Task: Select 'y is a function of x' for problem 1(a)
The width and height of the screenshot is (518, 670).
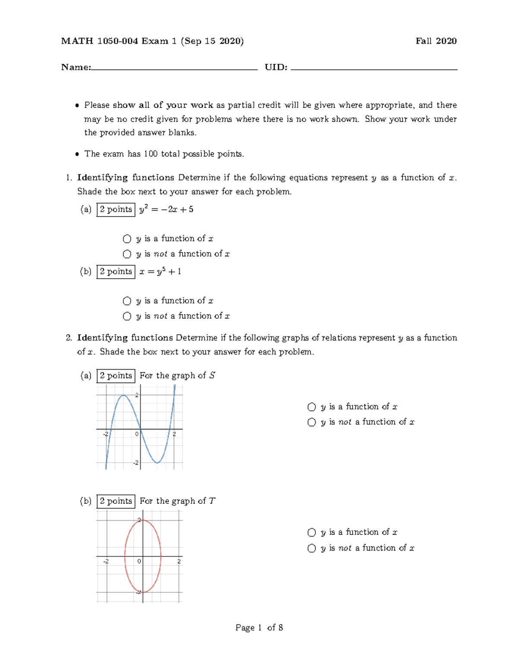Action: point(127,239)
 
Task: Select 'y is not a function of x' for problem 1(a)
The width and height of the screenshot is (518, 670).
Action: point(127,254)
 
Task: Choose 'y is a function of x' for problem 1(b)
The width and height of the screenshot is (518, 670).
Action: point(127,301)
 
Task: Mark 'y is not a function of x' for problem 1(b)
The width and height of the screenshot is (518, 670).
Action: point(127,316)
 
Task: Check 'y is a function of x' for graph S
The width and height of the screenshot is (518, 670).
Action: point(312,407)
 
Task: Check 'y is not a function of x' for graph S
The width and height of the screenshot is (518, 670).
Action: point(312,422)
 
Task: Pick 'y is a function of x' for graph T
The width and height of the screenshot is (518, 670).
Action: point(312,532)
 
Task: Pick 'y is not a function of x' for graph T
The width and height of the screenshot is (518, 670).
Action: point(312,548)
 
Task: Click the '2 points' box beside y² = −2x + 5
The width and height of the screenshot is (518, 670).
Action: point(116,210)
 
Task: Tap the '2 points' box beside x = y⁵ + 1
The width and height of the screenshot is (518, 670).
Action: point(116,272)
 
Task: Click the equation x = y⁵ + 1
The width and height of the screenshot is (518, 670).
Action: point(160,272)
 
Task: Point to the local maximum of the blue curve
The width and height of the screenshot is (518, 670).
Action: point(123,395)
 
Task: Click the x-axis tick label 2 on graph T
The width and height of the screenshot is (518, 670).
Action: point(179,561)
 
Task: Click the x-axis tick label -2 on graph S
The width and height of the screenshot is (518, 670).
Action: point(105,434)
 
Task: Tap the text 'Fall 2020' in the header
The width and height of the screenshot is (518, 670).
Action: point(436,41)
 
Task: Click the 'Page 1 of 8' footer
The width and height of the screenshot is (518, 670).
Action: point(259,628)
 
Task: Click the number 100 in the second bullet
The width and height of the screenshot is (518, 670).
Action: point(151,154)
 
